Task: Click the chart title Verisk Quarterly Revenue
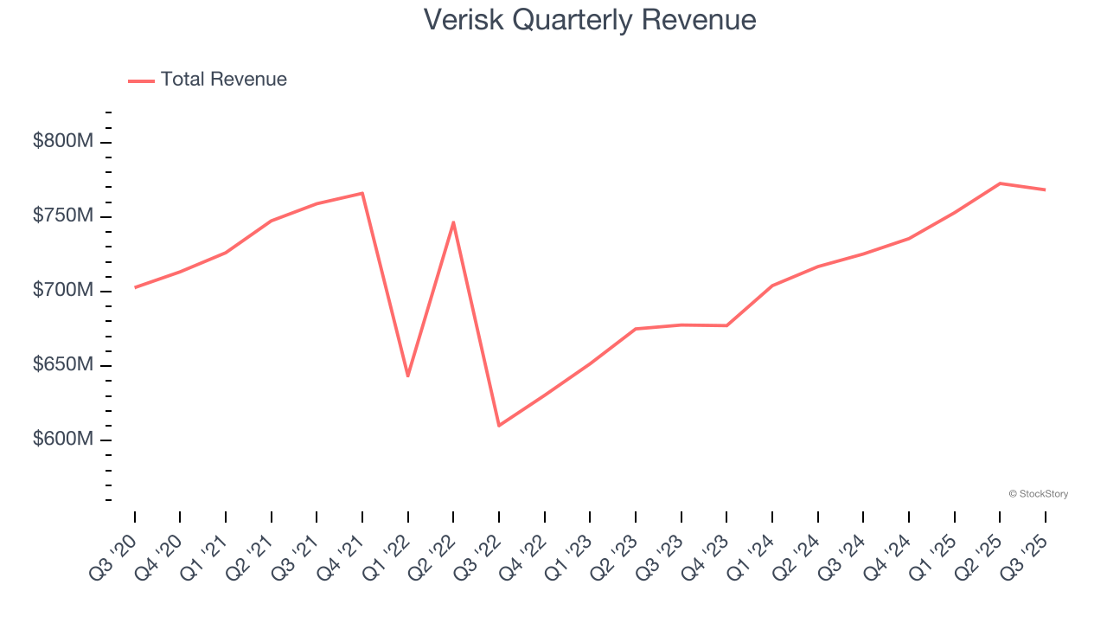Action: (x=590, y=20)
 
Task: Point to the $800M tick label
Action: (x=62, y=141)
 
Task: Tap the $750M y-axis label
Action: (x=62, y=215)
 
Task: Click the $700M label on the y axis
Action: (x=62, y=290)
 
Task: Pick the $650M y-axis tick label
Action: (x=62, y=364)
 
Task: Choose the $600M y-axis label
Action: (x=62, y=439)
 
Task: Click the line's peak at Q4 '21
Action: (x=362, y=193)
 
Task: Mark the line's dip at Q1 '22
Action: (x=407, y=376)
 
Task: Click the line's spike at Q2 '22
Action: (x=453, y=222)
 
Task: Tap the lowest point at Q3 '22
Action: (x=499, y=426)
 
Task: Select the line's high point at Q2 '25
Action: (x=1000, y=183)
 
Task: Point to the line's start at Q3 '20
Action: (x=135, y=287)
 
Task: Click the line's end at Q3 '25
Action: (x=1045, y=189)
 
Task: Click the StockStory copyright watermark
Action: (x=1039, y=494)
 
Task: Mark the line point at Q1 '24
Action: (x=771, y=286)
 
